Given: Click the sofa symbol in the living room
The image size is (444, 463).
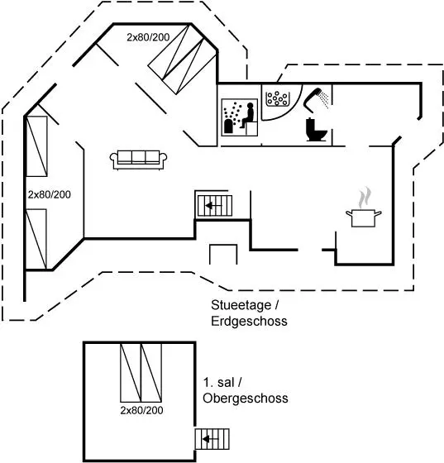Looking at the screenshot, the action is click(x=138, y=160).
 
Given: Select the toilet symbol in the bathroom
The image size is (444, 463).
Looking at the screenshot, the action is click(x=316, y=130).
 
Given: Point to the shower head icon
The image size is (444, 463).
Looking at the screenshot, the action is click(x=316, y=99).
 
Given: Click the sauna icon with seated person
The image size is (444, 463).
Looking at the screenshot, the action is click(x=240, y=117).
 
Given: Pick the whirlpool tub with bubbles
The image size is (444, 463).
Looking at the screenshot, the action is click(x=277, y=98).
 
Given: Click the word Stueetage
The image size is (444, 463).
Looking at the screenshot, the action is click(x=241, y=305).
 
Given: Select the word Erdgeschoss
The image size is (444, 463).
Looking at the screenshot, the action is click(x=249, y=321).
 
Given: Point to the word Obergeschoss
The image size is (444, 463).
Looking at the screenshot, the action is click(x=246, y=398).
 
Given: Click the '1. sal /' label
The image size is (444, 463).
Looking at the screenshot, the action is click(x=222, y=382).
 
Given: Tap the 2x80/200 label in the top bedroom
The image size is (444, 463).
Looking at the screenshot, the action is click(x=148, y=37).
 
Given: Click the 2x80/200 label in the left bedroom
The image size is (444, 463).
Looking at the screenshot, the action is click(x=50, y=194).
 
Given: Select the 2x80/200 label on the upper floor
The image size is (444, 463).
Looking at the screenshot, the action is click(x=141, y=410).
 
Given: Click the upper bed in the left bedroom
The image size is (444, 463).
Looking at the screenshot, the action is click(x=36, y=146).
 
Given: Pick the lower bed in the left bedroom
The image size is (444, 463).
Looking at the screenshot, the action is click(x=36, y=239).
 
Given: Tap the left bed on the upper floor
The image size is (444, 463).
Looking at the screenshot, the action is click(x=131, y=373).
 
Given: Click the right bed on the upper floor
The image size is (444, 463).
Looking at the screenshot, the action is click(x=151, y=373).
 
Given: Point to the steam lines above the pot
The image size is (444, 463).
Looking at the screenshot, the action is click(x=365, y=198).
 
